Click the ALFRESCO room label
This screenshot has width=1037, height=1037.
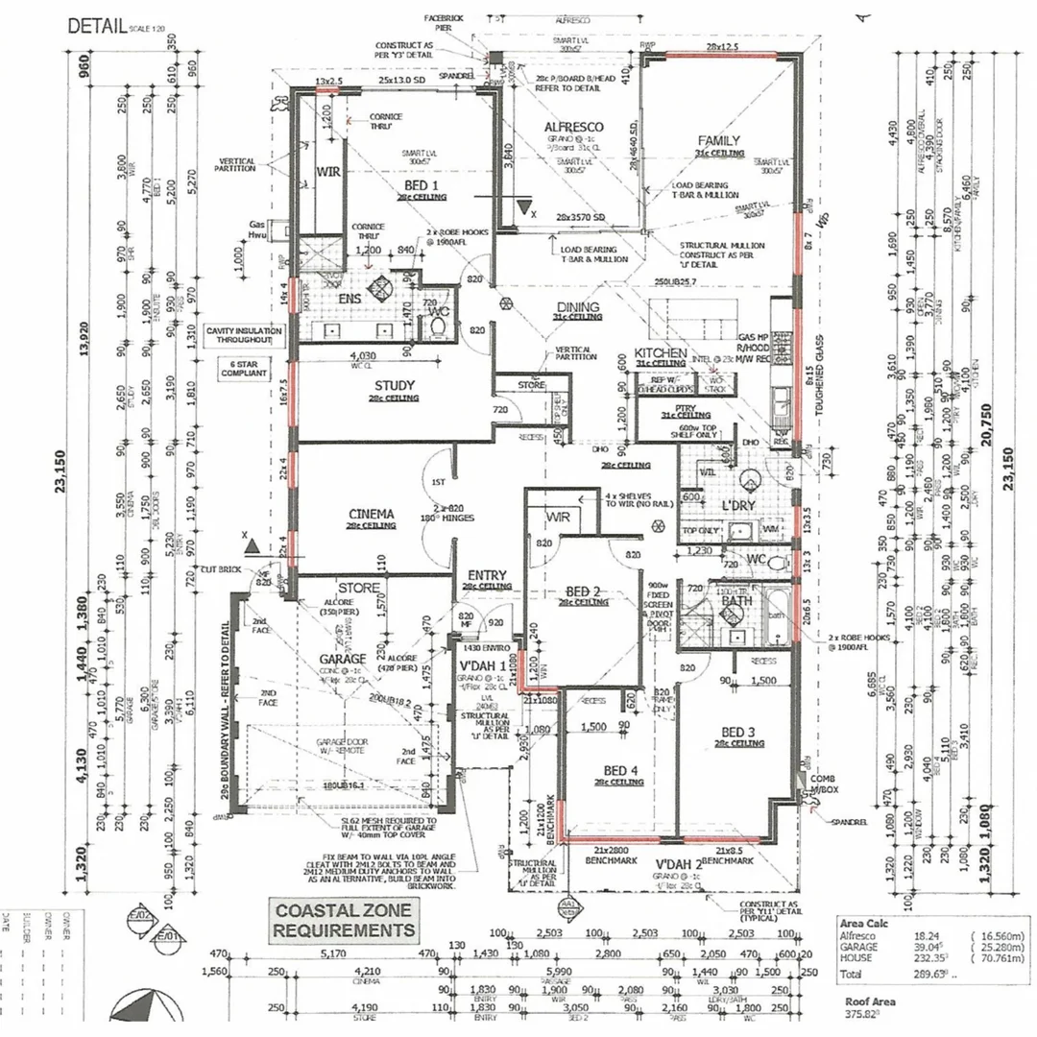(x=573, y=127)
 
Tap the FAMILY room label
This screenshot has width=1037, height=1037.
(x=719, y=140)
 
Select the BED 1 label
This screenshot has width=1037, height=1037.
(x=421, y=185)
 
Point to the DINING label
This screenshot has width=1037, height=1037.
(x=577, y=308)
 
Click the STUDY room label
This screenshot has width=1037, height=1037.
(x=394, y=387)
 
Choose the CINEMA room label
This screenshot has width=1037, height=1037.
(x=371, y=515)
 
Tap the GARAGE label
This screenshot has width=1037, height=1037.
(x=343, y=659)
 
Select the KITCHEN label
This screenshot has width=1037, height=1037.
(x=660, y=354)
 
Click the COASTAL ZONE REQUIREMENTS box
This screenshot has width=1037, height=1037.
(x=345, y=920)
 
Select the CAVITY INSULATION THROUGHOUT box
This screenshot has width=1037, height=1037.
(x=244, y=334)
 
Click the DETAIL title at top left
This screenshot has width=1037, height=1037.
(x=97, y=25)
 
